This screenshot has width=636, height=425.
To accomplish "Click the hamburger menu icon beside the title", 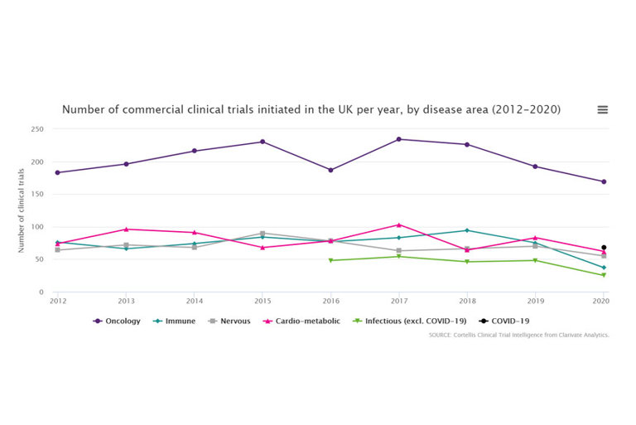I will click(x=602, y=109).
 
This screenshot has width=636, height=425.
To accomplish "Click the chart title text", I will click(x=311, y=109).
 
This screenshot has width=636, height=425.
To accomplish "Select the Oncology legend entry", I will click(x=117, y=321).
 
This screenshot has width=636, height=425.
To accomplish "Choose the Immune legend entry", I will click(x=177, y=321).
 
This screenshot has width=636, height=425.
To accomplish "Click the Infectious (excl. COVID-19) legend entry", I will click(x=410, y=321).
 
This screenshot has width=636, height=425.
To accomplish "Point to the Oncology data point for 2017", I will click(x=398, y=139).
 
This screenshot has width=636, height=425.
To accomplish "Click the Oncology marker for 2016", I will click(x=330, y=170).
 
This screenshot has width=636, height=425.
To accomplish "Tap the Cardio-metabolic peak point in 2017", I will click(x=398, y=225).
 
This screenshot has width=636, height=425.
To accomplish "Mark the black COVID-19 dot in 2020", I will click(x=604, y=247).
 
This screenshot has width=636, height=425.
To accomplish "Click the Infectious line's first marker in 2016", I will click(x=330, y=260).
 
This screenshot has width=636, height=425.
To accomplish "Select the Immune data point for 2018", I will click(x=466, y=230).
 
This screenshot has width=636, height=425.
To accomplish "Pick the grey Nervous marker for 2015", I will click(x=263, y=234).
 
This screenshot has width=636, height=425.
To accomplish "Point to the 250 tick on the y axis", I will click(x=37, y=129).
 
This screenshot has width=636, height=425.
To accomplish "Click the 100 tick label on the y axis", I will click(x=37, y=227).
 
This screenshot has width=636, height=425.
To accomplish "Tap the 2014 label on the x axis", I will click(x=194, y=302).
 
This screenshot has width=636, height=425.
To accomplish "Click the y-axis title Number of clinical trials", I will click(x=22, y=210).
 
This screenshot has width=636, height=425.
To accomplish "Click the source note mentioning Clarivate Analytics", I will click(x=518, y=335).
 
